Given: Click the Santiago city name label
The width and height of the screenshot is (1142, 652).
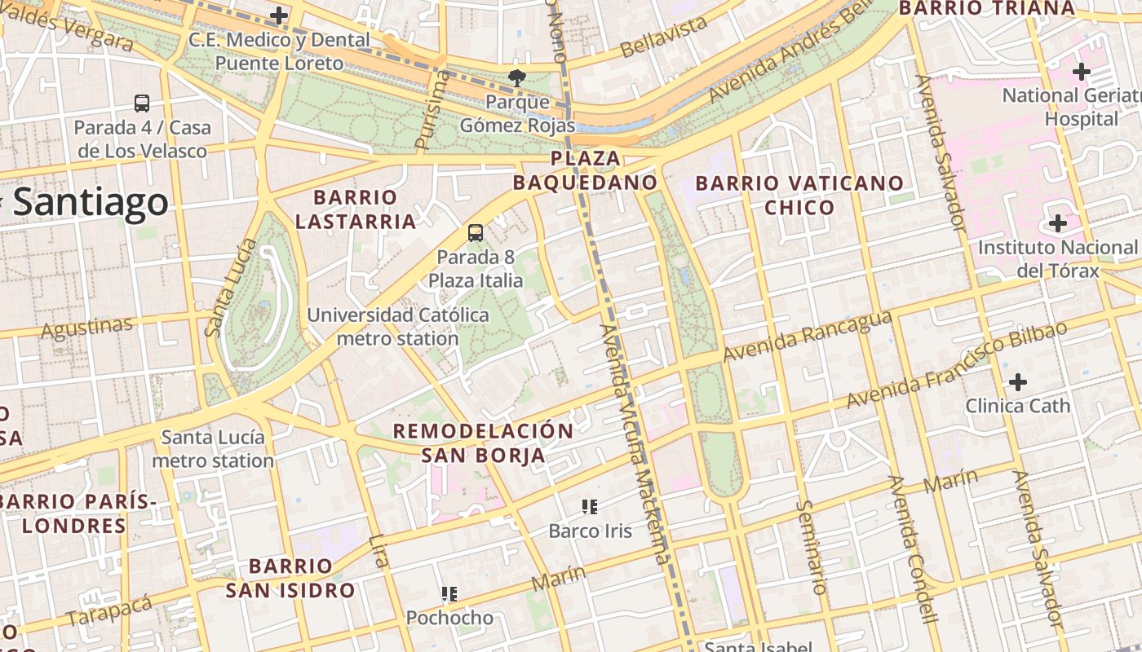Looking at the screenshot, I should [x=90, y=203].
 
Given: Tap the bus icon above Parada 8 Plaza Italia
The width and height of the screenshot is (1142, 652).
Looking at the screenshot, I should [x=476, y=233].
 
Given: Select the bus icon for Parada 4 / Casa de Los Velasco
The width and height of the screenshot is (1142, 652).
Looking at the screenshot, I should [x=142, y=104].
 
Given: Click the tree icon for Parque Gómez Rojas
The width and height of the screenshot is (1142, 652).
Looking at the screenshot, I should [x=516, y=78].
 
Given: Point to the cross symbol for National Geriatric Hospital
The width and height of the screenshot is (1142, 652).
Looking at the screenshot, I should [x=1082, y=72].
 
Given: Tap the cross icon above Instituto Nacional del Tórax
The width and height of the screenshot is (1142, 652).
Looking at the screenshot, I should [x=1058, y=223].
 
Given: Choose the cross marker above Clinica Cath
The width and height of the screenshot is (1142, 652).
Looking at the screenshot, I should [x=1018, y=381].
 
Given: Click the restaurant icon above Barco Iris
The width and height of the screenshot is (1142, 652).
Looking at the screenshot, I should [x=590, y=507].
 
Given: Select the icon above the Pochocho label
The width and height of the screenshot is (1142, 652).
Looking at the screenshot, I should [x=449, y=593].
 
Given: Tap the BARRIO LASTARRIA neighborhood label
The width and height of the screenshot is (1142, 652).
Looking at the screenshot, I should [x=356, y=209].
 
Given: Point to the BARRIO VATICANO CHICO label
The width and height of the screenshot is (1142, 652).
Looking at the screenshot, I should [x=799, y=195].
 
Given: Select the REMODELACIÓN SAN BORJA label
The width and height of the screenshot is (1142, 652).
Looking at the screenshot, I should [x=484, y=443].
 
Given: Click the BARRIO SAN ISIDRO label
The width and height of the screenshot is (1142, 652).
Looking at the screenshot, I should [x=290, y=578].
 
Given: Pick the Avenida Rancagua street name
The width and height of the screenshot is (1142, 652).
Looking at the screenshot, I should [x=807, y=337].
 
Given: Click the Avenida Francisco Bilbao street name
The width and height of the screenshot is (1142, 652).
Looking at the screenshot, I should [x=957, y=364].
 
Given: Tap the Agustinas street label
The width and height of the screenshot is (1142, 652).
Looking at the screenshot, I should [x=86, y=328].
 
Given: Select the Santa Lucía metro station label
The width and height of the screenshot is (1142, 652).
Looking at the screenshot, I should [x=213, y=449].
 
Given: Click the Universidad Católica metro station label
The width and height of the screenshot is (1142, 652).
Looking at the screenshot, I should [x=398, y=326].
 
